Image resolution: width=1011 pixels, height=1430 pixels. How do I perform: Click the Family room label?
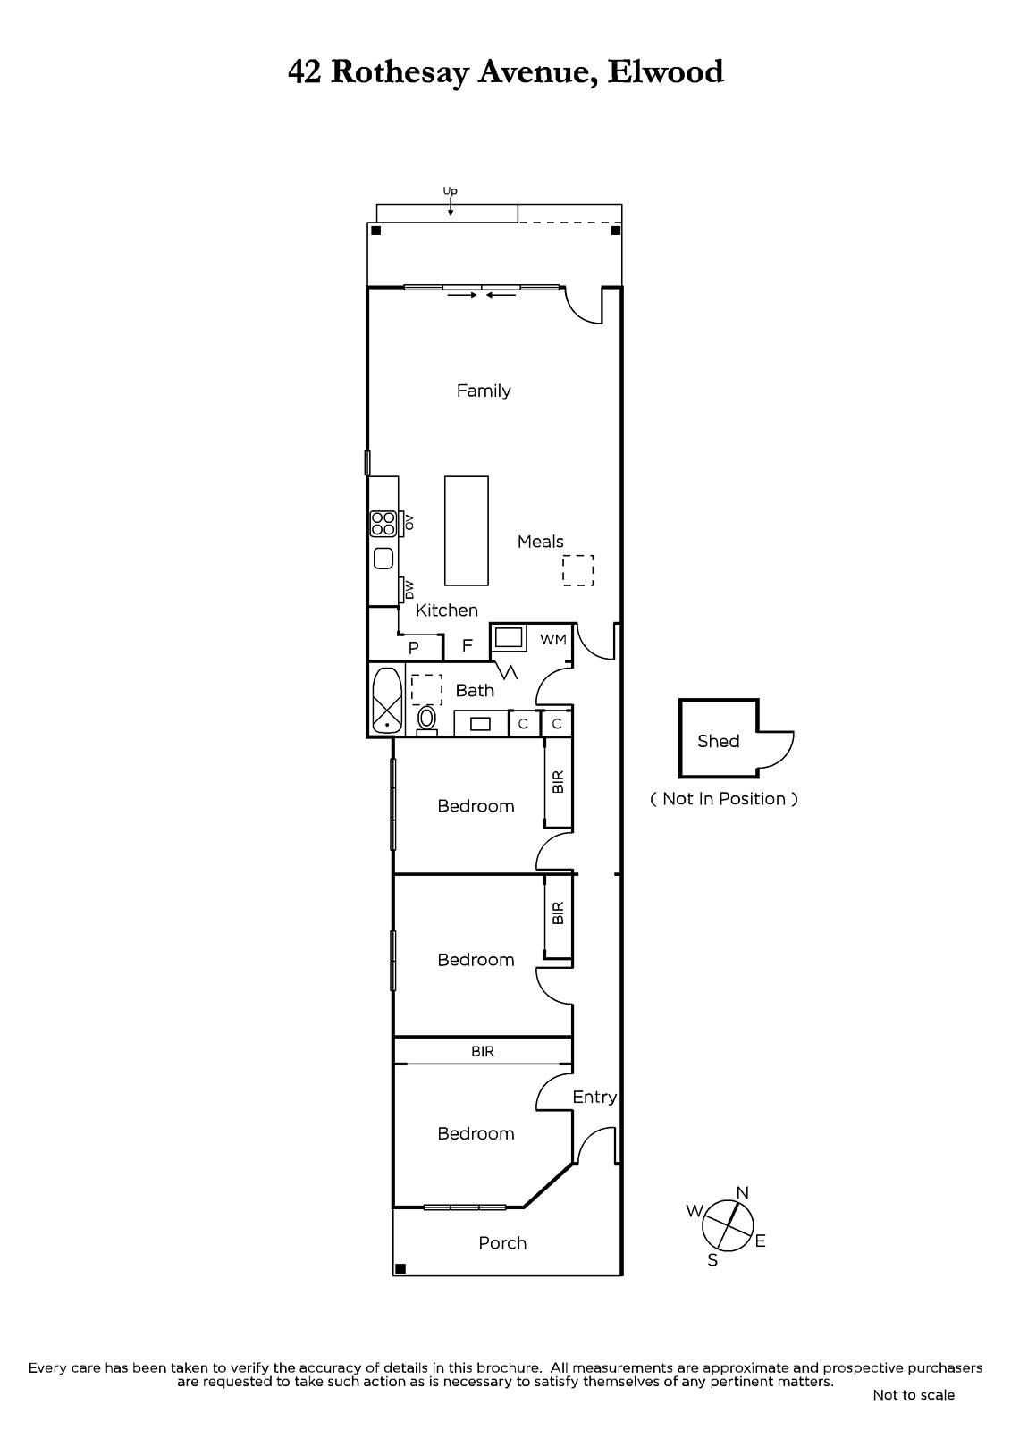[x=484, y=391]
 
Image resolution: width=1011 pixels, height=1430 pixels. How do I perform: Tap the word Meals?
[x=540, y=542]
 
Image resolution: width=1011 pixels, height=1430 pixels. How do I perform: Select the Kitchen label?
[x=446, y=610]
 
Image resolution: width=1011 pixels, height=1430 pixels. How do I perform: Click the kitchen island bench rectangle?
[x=467, y=531]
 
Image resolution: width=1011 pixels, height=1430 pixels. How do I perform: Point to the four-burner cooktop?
[x=383, y=524]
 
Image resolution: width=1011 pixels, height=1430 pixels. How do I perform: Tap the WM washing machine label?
[x=553, y=639]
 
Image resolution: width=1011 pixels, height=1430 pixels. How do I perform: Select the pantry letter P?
[x=413, y=648]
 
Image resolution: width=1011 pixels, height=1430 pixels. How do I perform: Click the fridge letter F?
[x=467, y=645]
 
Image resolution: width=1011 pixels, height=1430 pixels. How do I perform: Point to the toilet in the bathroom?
[x=426, y=719]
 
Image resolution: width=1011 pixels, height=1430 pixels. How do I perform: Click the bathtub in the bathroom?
[x=386, y=701]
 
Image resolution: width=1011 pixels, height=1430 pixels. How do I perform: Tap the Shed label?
[x=719, y=741]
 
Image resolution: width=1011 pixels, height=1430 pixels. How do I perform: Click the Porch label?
[x=502, y=1243]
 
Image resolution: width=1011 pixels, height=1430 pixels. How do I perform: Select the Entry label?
[x=594, y=1097]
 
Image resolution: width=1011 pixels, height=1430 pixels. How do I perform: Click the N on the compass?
[x=742, y=1192]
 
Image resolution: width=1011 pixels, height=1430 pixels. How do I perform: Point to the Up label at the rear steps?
[x=451, y=191]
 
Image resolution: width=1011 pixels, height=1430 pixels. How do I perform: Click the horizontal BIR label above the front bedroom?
[x=483, y=1051]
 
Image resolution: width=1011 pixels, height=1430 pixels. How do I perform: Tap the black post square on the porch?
[x=400, y=1268]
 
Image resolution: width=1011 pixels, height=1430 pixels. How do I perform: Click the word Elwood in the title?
[x=665, y=71]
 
